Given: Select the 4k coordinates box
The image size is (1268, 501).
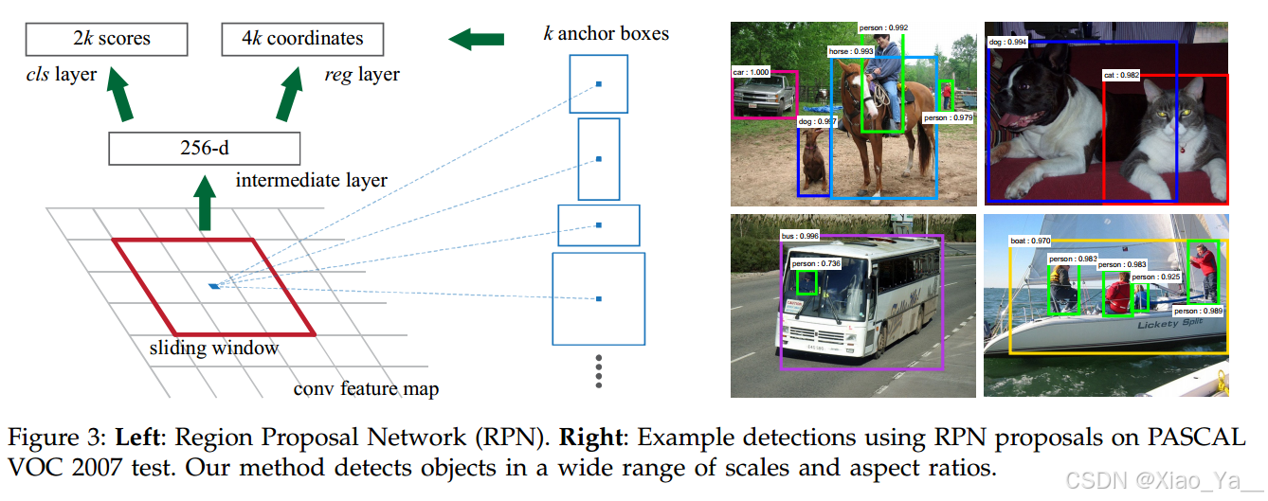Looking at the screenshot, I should coord(301,39).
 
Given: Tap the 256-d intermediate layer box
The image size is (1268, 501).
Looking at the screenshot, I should coord(204,149).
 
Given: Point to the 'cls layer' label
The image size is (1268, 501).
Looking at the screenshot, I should coord(61,74).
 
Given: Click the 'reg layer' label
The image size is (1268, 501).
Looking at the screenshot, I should coord(361,74).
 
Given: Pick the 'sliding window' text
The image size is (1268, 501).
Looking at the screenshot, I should coord(214,348).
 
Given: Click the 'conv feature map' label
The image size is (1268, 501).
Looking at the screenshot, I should coord(366,388).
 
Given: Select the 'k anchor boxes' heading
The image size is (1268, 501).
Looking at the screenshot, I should coord(606,34).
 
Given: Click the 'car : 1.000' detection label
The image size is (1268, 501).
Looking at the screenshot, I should coord(752,71).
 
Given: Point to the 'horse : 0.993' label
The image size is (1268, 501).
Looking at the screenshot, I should coord(850,51).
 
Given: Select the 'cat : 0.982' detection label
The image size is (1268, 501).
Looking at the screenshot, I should coord(1121,74).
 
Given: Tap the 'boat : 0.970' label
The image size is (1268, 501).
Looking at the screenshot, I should coord(1030,242).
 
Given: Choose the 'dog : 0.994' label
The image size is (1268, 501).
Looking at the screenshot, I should coord(1007,42).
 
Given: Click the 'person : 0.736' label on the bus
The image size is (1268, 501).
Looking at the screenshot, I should coord(815,263).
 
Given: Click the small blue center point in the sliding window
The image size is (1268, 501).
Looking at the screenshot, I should coord(214,284).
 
